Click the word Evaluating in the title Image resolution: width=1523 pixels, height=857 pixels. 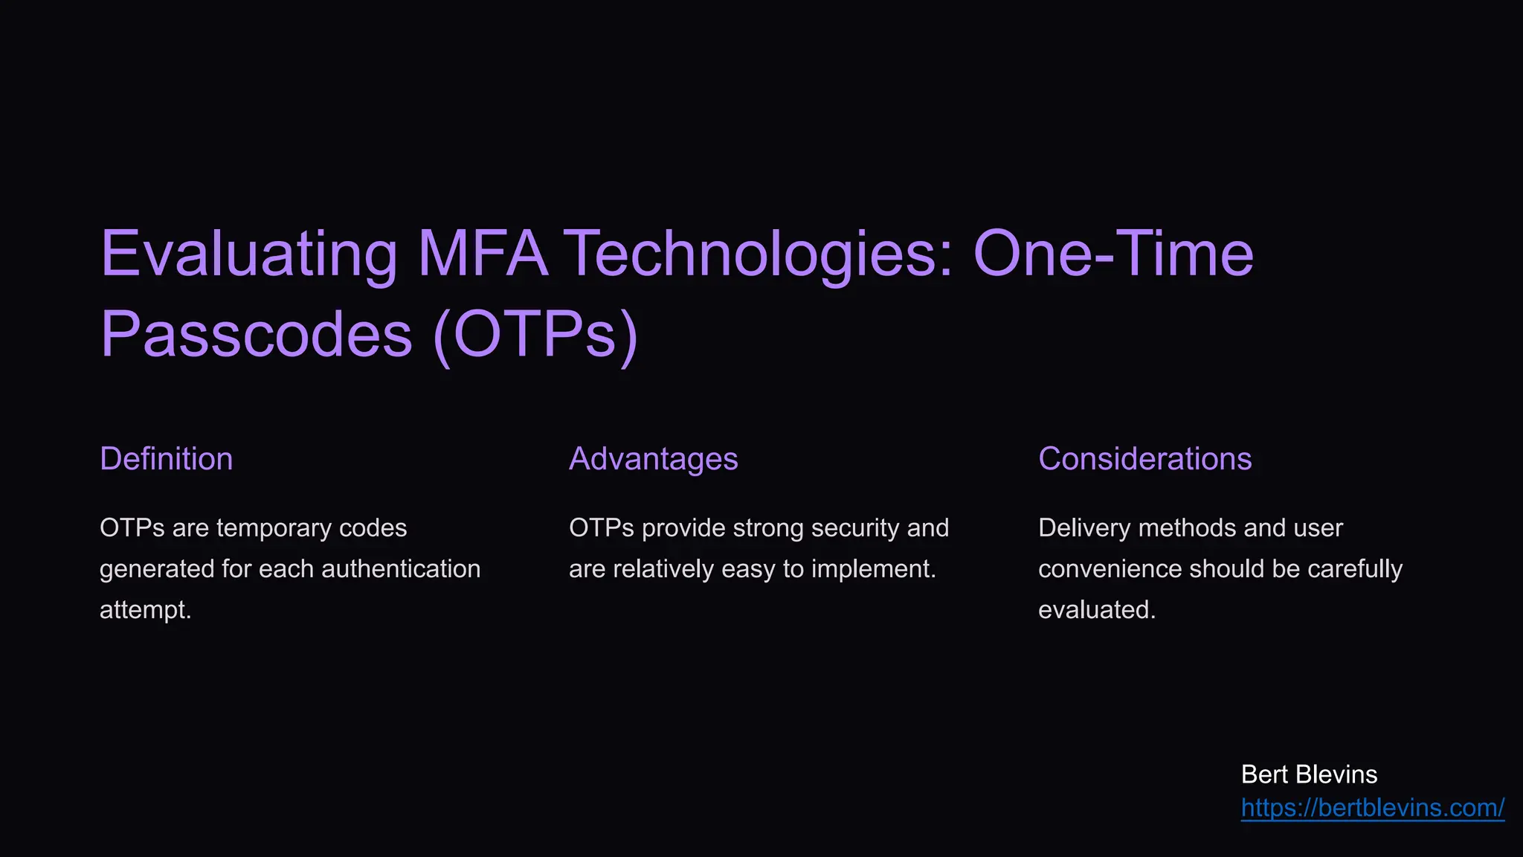pyautogui.click(x=249, y=254)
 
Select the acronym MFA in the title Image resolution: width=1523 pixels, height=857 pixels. pyautogui.click(x=483, y=254)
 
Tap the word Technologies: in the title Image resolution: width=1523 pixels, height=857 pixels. pyautogui.click(x=759, y=254)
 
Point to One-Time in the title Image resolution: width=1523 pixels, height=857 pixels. pyautogui.click(x=1113, y=254)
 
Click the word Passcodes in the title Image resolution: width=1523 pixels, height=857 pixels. pyautogui.click(x=257, y=334)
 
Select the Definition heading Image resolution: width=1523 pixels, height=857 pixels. pyautogui.click(x=166, y=459)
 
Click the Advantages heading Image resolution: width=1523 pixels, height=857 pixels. pyautogui.click(x=653, y=459)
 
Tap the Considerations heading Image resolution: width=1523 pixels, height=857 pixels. pyautogui.click(x=1144, y=459)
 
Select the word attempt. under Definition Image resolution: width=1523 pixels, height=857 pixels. pyautogui.click(x=146, y=610)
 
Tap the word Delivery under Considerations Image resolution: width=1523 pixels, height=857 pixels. pyautogui.click(x=1084, y=528)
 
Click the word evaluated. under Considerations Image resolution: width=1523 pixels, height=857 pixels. pyautogui.click(x=1097, y=610)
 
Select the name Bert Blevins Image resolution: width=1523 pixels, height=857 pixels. pyautogui.click(x=1309, y=774)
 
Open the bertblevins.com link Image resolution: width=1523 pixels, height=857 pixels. pyautogui.click(x=1373, y=808)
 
